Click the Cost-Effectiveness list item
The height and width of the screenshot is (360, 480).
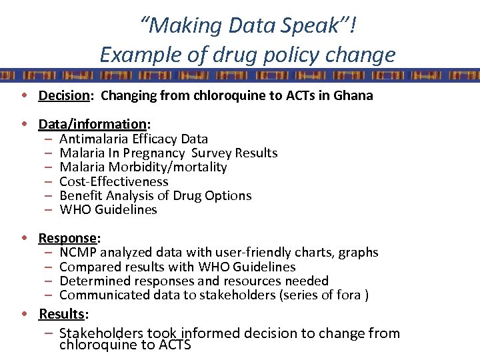coord(114,181)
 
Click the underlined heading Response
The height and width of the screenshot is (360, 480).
coord(68,238)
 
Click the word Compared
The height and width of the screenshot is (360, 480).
coord(87,267)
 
